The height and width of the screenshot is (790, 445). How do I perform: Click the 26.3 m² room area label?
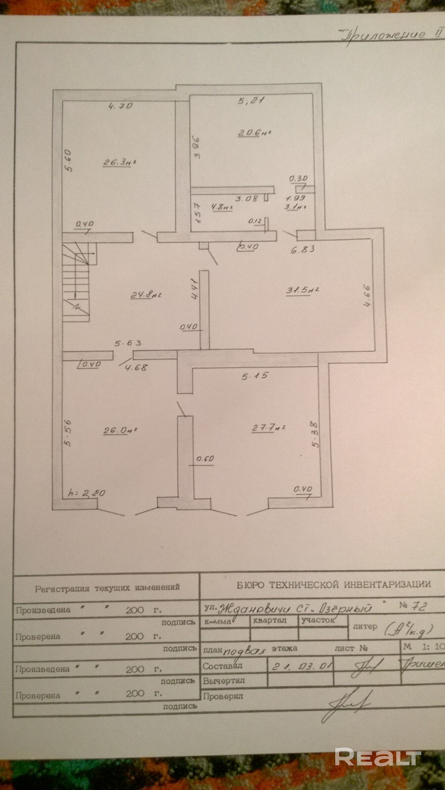(x=119, y=162)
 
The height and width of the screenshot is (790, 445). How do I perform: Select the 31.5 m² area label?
(x=302, y=290)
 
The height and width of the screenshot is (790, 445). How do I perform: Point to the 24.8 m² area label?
(x=146, y=295)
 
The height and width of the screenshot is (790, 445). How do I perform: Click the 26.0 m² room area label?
(x=119, y=430)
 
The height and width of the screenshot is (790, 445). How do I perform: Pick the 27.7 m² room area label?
(x=269, y=428)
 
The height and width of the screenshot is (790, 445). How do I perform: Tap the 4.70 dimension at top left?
(x=121, y=105)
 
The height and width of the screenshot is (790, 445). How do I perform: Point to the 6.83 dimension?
(x=303, y=249)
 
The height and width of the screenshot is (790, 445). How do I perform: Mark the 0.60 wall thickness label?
(x=205, y=459)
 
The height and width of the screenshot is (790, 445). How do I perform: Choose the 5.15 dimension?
(x=255, y=376)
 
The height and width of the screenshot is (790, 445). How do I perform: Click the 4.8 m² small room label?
(x=222, y=207)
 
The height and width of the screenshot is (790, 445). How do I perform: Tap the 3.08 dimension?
(x=246, y=198)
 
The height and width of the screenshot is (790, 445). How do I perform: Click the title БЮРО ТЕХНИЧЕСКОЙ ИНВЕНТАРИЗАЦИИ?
(x=334, y=585)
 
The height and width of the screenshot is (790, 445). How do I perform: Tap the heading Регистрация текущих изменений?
(x=107, y=588)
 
